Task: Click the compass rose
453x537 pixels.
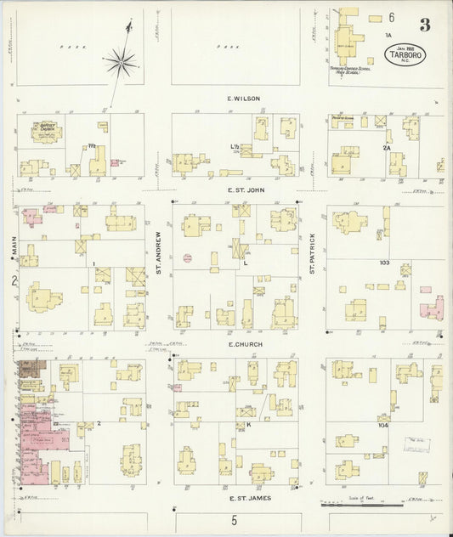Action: pos(122,61)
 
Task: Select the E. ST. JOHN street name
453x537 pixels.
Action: pos(243,191)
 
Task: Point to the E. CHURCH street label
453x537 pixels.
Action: pos(243,344)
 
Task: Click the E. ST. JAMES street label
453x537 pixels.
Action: pos(243,498)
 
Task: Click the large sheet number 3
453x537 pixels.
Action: pos(424,25)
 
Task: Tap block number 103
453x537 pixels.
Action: pos(384,263)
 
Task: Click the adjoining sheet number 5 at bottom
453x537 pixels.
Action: pos(234,521)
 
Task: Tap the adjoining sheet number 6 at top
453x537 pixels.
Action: pos(392,17)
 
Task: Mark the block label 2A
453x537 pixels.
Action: pos(386,148)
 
